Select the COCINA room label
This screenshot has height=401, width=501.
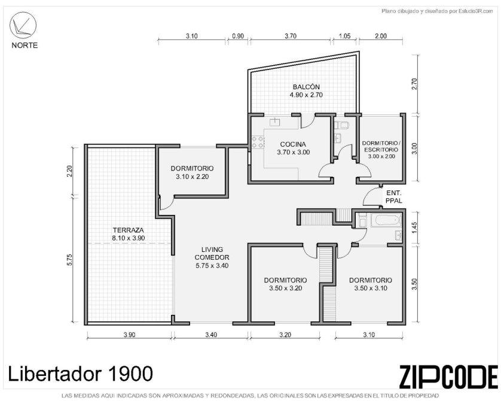point(293,144)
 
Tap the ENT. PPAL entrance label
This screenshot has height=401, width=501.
point(393,197)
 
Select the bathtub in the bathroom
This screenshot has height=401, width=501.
point(386,220)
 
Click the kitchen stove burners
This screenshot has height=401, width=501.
point(258,142)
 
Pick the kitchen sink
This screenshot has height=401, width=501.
point(275,122)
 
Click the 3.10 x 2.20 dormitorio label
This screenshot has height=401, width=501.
point(192,177)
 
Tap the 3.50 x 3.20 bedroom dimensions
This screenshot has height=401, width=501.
point(285,288)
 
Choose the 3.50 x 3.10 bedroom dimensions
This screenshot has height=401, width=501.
point(371,288)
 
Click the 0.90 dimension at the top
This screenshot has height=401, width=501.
point(238,36)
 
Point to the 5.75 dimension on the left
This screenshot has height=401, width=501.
point(70,259)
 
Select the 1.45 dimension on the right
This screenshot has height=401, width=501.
point(414,227)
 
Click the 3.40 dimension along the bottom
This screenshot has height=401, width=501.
point(211,335)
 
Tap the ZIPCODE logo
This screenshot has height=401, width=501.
point(448,376)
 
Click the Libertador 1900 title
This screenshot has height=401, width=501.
point(80,373)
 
